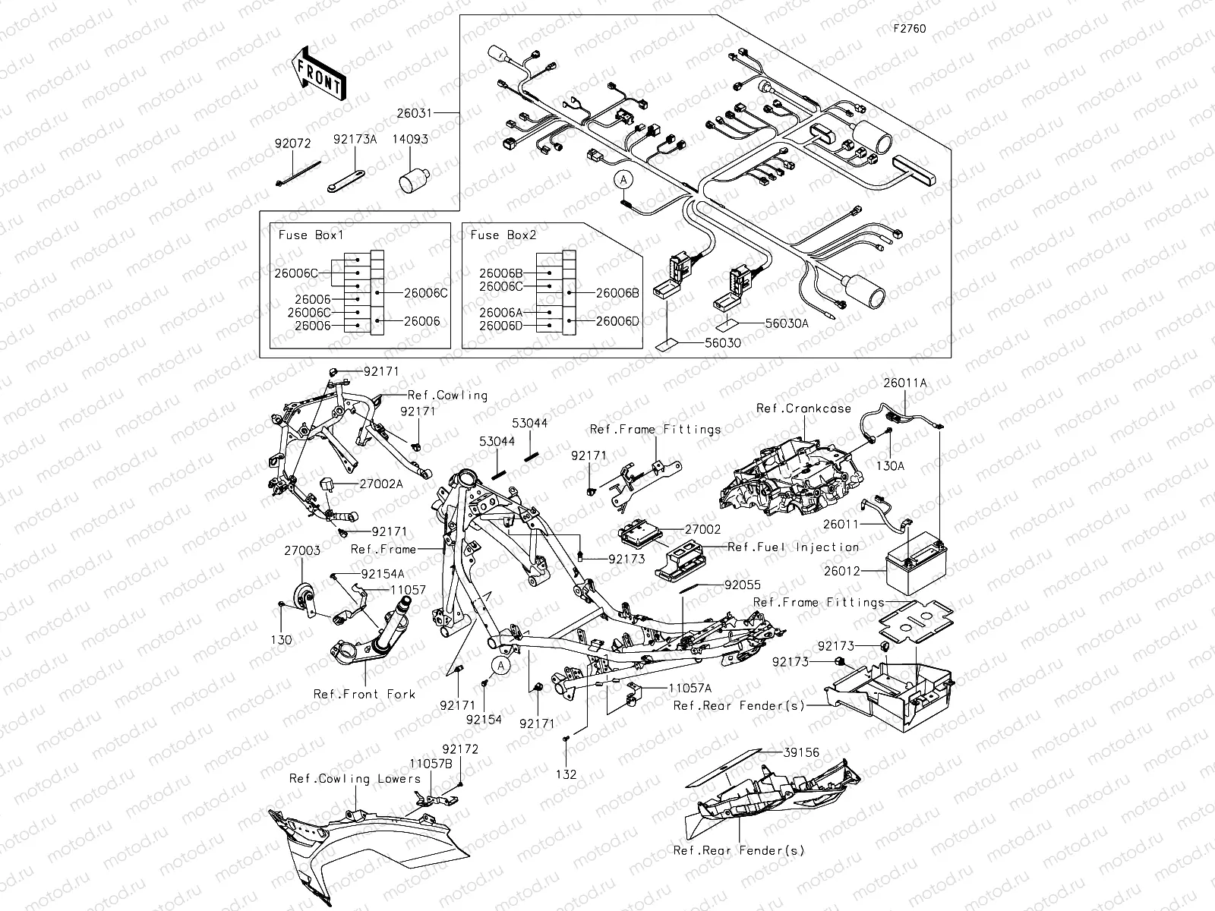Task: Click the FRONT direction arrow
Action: point(317,75)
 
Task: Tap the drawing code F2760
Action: point(909,29)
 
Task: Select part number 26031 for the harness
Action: point(414,113)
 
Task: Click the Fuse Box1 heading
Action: point(311,235)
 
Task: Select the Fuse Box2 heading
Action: point(503,235)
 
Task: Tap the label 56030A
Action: point(787,323)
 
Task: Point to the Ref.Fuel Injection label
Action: point(793,547)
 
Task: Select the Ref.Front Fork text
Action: point(364,694)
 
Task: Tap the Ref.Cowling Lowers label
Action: point(355,779)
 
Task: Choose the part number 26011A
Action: point(904,383)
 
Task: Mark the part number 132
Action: point(566,774)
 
